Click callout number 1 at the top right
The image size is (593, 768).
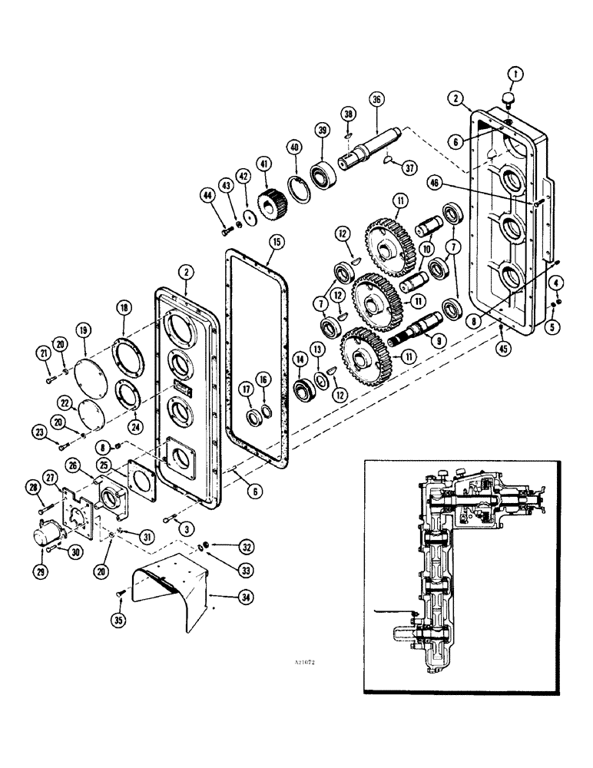[516, 74]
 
